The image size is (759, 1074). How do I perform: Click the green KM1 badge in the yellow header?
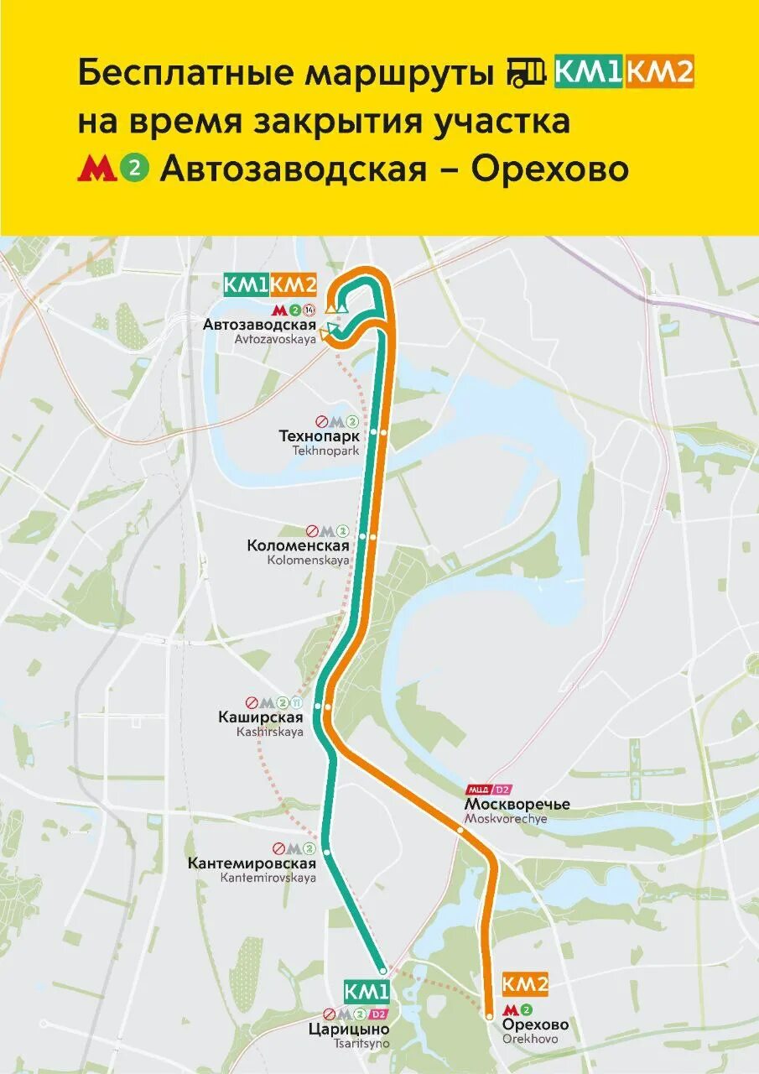587,73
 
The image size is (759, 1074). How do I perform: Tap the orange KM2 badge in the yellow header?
659,73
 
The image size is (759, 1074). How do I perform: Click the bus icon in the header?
527,74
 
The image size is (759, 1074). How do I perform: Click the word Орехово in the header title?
549,169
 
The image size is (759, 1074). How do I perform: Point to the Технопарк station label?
319,436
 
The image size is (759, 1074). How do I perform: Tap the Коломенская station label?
298,545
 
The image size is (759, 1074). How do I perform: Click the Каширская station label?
270,717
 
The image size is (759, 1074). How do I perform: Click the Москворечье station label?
517,804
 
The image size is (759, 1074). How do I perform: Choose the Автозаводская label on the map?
259,325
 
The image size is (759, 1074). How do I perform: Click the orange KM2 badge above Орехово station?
525,984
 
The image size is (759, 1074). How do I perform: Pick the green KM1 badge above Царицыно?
367,992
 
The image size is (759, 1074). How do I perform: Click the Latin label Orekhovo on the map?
530,1039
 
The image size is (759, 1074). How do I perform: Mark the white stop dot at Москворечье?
460,829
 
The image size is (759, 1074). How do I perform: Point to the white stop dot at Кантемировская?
326,852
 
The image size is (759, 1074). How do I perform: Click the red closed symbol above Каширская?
251,701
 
